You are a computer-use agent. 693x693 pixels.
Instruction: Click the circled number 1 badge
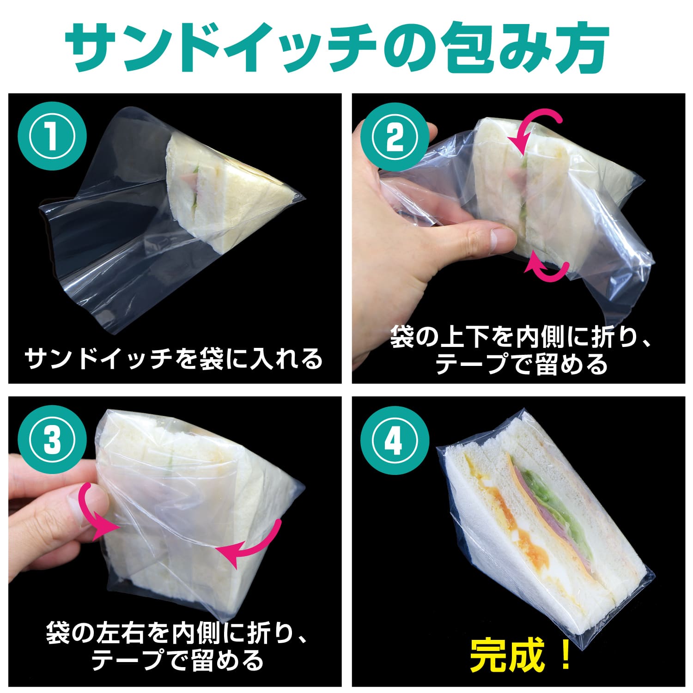(x=52, y=137)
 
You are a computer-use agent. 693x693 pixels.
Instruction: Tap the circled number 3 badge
(x=52, y=440)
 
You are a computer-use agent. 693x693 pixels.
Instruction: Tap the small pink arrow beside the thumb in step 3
(x=92, y=513)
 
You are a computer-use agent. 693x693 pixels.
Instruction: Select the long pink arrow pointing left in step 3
(x=259, y=545)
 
